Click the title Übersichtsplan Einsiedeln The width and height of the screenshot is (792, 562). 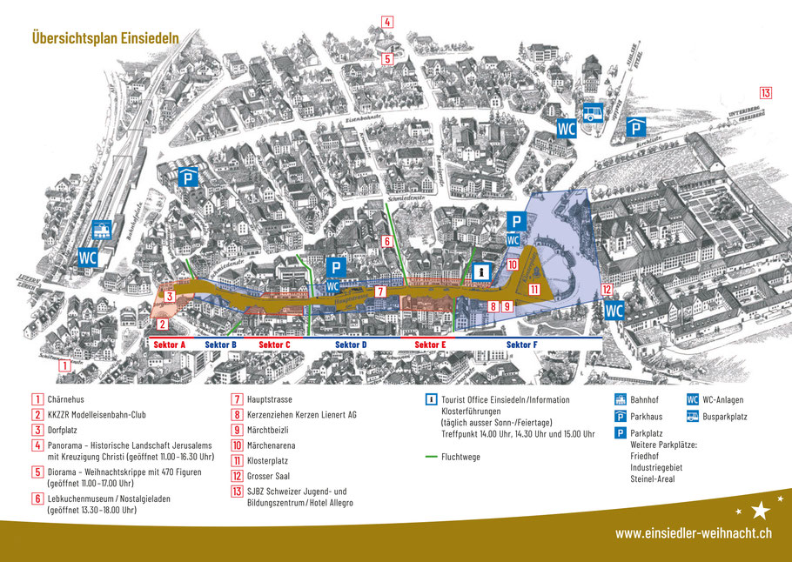[105, 37]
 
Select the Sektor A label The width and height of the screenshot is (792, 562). [170, 345]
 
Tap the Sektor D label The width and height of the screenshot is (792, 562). [352, 345]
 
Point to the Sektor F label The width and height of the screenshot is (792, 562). [522, 345]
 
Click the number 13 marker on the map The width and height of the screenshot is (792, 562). [765, 93]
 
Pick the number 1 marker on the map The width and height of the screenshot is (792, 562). [64, 366]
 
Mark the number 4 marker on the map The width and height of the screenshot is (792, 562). [387, 23]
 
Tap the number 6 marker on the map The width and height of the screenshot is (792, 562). [386, 241]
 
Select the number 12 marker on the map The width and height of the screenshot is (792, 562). [606, 290]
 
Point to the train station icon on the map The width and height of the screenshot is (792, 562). [103, 229]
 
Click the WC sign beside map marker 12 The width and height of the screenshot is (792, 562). [614, 310]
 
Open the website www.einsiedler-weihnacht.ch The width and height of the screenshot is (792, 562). [692, 533]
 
